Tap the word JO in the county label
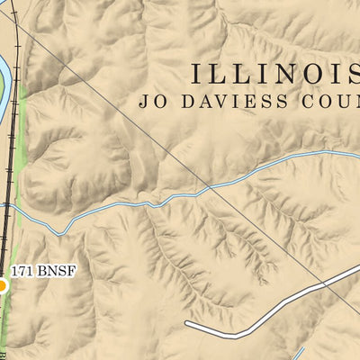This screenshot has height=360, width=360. (150, 101)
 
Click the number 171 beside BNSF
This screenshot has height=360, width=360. (22, 270)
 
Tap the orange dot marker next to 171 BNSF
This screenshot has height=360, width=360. (2, 286)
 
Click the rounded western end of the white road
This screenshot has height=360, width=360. (187, 321)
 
